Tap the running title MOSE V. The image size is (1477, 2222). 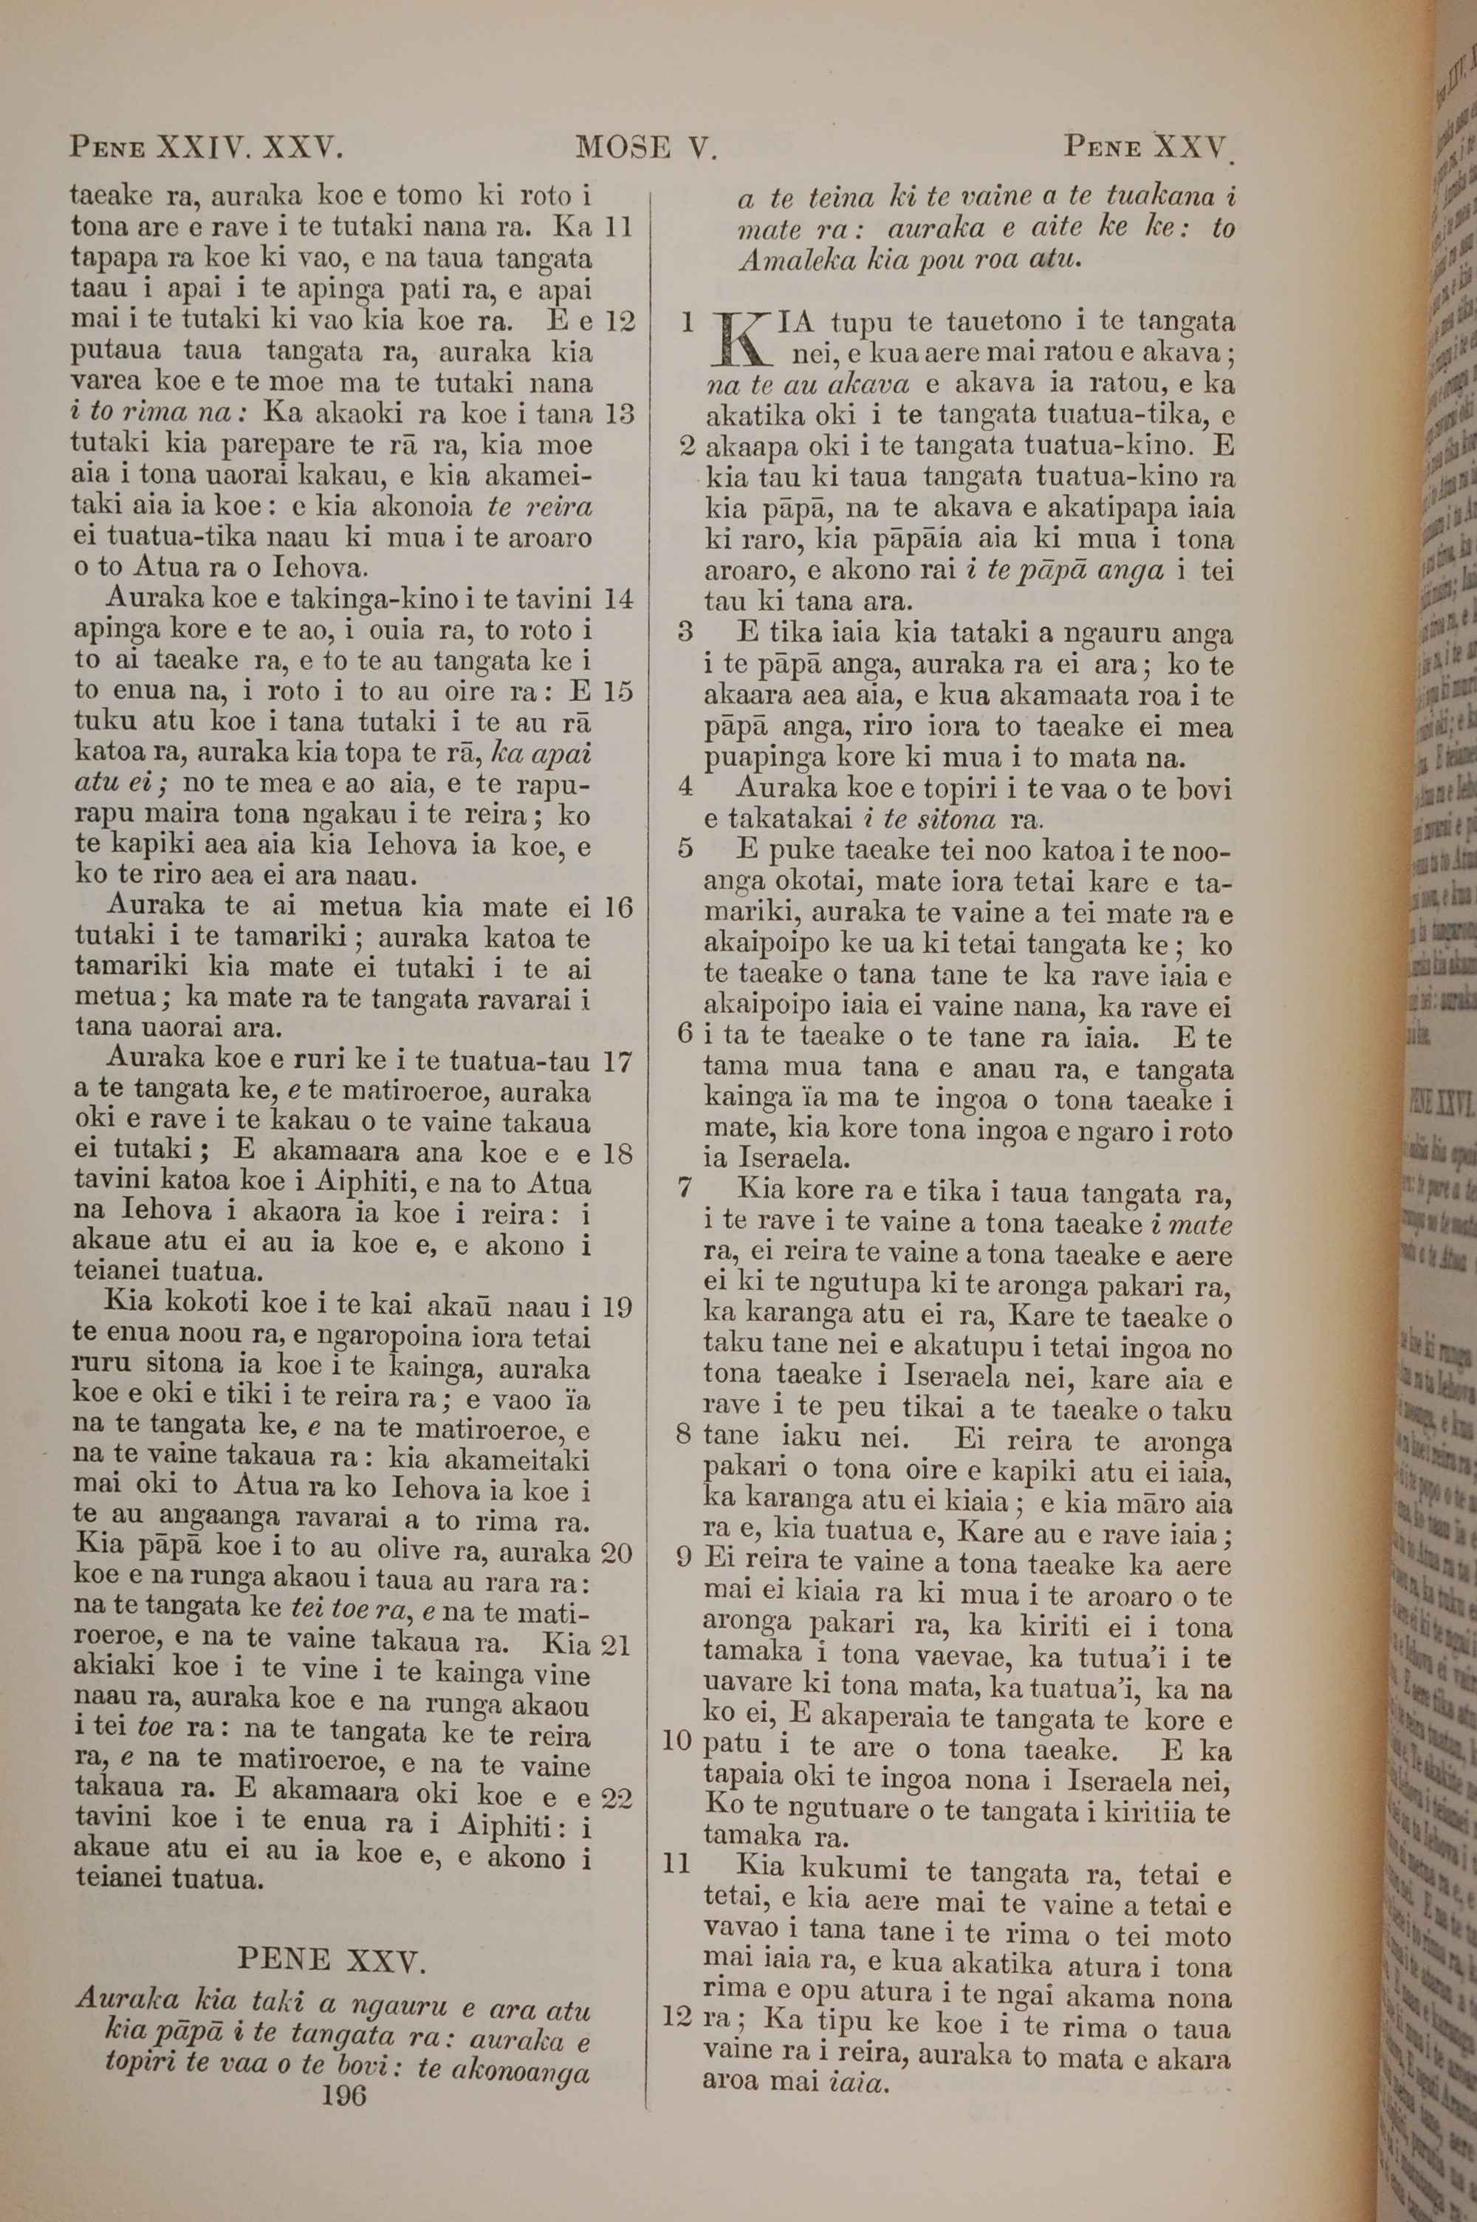coord(648,148)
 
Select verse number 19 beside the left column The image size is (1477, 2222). coord(618,1307)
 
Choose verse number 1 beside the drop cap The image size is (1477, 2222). coord(688,323)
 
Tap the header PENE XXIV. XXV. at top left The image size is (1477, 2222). coord(205,148)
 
